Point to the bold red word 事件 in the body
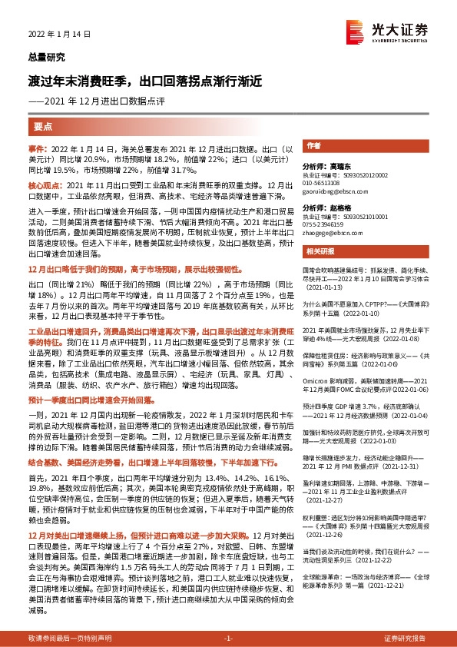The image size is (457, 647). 37,146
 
